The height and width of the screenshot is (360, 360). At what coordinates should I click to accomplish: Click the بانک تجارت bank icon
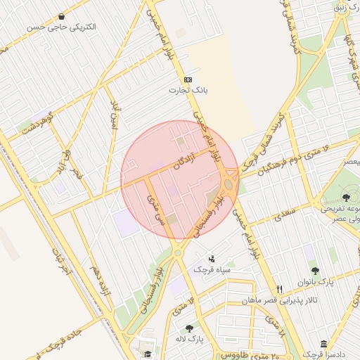click(188, 80)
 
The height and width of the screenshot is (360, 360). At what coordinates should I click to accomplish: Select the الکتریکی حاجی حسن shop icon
click(63, 16)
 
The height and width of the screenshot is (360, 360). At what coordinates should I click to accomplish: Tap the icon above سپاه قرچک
click(212, 259)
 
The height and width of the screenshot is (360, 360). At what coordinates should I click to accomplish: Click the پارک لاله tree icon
click(189, 328)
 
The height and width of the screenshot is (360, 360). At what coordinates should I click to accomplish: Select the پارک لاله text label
click(188, 339)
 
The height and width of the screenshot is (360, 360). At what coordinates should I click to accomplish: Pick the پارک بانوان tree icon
click(314, 270)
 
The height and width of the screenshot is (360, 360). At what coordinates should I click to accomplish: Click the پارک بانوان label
click(314, 281)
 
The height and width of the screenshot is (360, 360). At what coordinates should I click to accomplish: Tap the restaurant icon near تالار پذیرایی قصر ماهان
click(280, 289)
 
